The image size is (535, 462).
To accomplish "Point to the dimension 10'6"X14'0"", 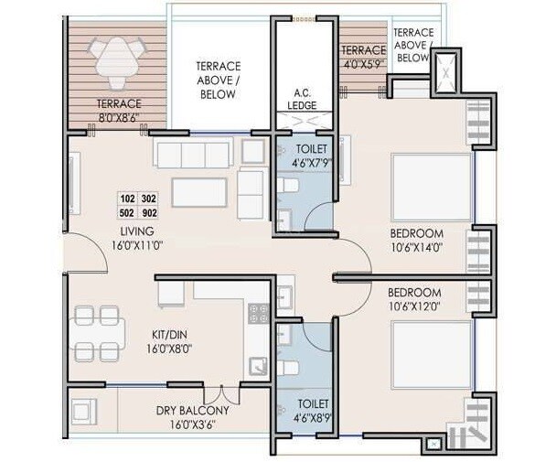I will tap(416, 246).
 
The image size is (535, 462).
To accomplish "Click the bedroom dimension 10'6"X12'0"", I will tap(416, 305).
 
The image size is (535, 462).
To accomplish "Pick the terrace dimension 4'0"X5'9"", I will tap(362, 65).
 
